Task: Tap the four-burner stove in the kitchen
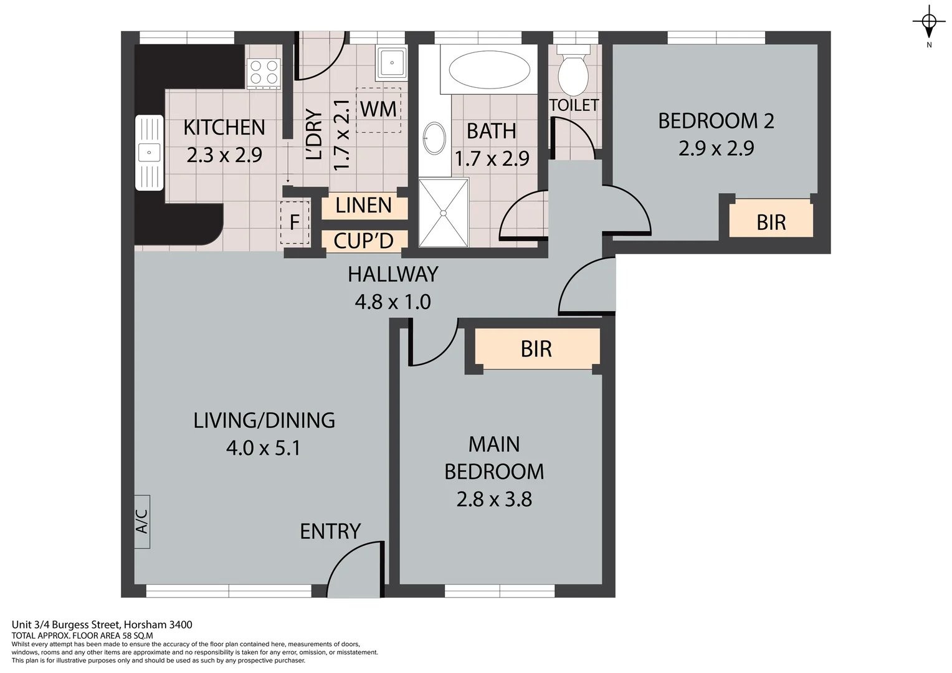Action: (264, 74)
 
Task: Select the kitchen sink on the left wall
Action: (150, 152)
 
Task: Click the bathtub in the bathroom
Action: (489, 70)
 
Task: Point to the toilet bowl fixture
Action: (573, 70)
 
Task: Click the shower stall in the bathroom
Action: (444, 212)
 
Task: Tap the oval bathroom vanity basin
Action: (434, 138)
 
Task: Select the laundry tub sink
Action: (391, 64)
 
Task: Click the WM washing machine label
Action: (378, 110)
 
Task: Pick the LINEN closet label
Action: (363, 206)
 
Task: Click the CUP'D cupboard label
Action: (363, 241)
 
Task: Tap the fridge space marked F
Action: (295, 222)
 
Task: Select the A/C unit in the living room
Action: (142, 522)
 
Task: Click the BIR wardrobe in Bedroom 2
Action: (771, 218)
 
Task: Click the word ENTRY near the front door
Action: (330, 532)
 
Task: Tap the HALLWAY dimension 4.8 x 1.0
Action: (393, 302)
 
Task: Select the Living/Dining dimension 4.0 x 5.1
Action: (264, 448)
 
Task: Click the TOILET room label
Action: (574, 105)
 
